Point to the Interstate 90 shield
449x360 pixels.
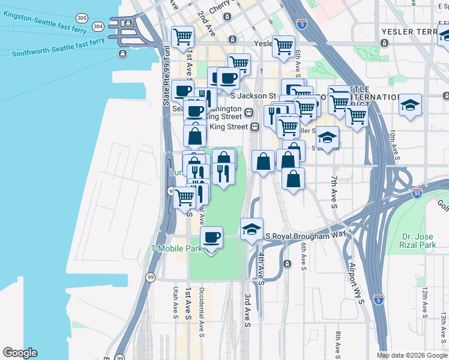[417, 193]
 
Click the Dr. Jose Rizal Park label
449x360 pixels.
[418, 241]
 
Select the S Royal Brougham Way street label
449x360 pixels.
[306, 236]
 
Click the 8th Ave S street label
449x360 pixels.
[339, 343]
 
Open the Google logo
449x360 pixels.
[20, 353]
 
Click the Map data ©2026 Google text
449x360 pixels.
[411, 355]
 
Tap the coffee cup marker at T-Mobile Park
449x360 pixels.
[211, 238]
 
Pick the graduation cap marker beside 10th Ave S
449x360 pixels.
[410, 106]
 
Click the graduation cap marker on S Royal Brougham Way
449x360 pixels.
[252, 229]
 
